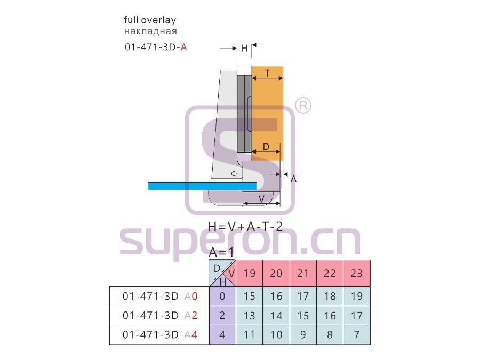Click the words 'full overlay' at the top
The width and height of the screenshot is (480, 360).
150,20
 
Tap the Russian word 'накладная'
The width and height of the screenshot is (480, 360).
150,31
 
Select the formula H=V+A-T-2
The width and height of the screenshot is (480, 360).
245,227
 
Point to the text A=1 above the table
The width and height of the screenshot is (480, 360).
221,252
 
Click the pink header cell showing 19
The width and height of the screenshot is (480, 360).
250,274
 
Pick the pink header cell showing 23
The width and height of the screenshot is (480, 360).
357,274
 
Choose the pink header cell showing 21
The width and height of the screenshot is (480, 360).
303,274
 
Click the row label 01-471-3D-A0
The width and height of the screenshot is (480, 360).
160,297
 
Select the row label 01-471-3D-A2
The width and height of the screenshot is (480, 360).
160,316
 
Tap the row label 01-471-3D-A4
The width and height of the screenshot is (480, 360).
160,335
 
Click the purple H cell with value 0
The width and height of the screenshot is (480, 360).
222,297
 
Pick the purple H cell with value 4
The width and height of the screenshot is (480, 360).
222,335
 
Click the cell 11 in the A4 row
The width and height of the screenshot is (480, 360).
250,335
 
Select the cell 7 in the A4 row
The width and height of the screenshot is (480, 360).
357,335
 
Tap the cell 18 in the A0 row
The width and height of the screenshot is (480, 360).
330,297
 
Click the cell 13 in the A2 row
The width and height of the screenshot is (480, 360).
250,316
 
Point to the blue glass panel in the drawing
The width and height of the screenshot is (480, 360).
202,186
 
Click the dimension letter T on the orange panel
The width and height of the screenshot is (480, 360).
268,74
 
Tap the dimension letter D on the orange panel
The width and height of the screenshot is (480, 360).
266,147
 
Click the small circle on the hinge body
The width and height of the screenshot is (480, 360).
234,173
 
